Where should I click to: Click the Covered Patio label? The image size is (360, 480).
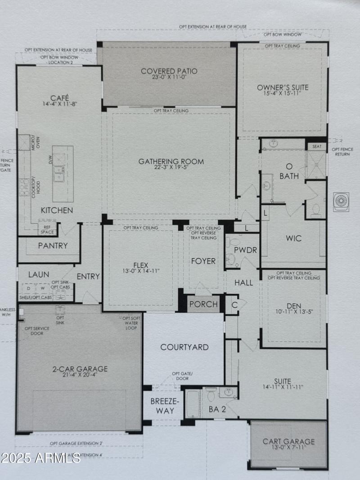(x=169, y=71)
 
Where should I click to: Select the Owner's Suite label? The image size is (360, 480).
(x=283, y=87)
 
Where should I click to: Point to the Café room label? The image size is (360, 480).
(x=59, y=98)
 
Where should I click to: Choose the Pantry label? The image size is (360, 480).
(x=53, y=246)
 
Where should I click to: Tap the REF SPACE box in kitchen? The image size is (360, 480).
(x=47, y=229)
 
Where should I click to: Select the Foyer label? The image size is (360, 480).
(x=203, y=261)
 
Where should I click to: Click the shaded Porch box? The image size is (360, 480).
(x=203, y=304)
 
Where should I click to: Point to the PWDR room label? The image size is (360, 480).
(x=245, y=250)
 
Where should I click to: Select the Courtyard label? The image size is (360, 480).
(x=184, y=347)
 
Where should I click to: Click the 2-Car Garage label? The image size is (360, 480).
(x=79, y=369)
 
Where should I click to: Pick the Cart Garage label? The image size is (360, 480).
(x=288, y=441)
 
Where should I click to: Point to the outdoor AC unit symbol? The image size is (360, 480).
(x=341, y=201)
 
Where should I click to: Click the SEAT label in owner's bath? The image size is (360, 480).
(x=316, y=146)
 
